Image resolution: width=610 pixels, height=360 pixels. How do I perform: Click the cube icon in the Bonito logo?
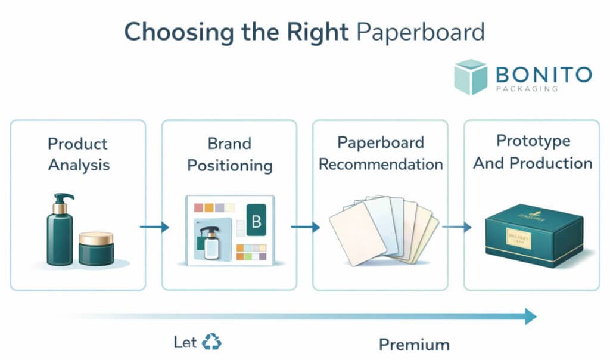[x=471, y=77]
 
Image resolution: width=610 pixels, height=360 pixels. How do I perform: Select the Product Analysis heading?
[x=77, y=154]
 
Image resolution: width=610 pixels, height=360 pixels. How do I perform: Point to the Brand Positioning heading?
[x=229, y=154]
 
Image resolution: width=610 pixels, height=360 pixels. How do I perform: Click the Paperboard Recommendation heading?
[x=381, y=153]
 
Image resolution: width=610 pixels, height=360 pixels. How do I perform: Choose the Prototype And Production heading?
[x=533, y=152]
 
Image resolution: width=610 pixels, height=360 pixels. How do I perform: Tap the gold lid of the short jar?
[x=96, y=238]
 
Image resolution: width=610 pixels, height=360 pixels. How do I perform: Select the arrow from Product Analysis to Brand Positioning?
[x=154, y=226]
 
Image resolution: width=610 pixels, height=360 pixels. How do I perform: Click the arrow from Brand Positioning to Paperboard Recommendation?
[x=305, y=226]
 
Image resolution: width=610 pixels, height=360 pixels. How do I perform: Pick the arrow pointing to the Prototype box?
[x=457, y=226]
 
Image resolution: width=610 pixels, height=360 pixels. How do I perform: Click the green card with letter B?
[x=257, y=221]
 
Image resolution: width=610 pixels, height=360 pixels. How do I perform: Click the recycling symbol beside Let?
[x=211, y=342]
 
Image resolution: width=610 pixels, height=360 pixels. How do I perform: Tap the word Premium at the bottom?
[x=414, y=344]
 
